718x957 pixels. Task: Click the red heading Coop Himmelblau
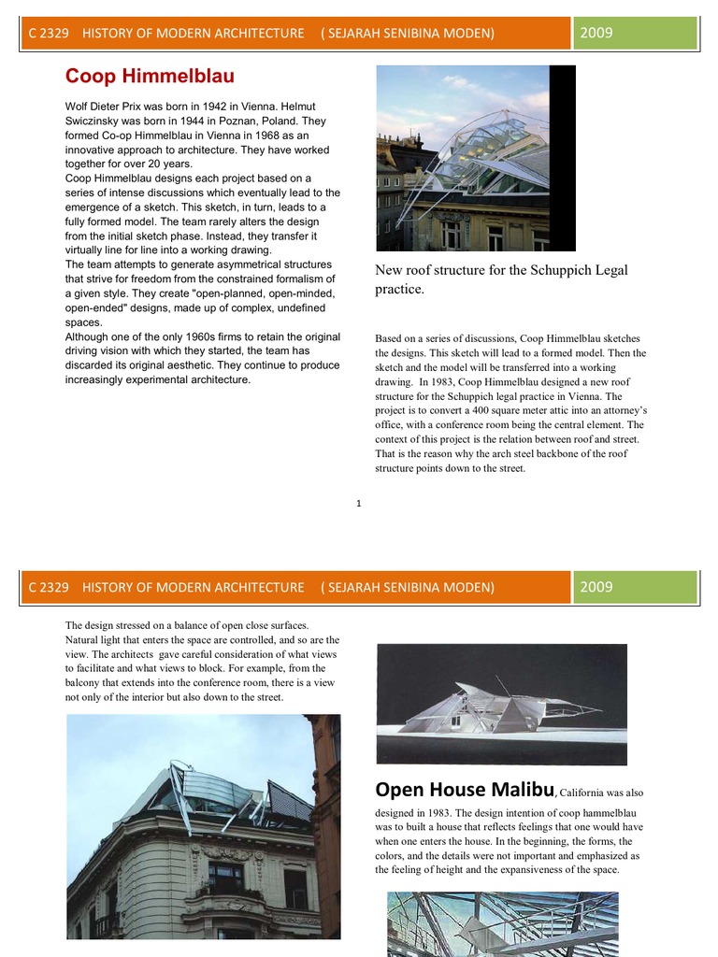(150, 77)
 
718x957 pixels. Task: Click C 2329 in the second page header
(49, 587)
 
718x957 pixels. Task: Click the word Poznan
(214, 121)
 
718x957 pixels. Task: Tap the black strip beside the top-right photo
(563, 157)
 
